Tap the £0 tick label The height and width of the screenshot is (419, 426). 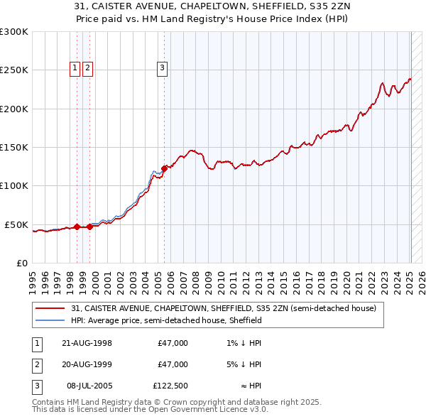pos(21,263)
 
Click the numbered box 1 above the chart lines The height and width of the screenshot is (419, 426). pos(75,68)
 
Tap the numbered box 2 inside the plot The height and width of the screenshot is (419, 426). pos(87,68)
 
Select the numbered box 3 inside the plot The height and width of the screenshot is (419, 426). pos(162,68)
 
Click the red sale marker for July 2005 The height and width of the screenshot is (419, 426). pos(164,168)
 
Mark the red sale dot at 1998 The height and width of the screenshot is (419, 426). pos(77,227)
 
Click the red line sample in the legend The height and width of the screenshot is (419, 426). pos(51,308)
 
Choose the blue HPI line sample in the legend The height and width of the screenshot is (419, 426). pos(51,320)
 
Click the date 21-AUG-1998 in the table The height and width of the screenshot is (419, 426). pos(87,343)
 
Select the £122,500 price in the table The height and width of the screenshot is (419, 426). pos(170,386)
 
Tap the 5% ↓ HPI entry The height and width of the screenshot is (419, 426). pos(244,364)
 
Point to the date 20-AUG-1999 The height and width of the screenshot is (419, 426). pos(87,364)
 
